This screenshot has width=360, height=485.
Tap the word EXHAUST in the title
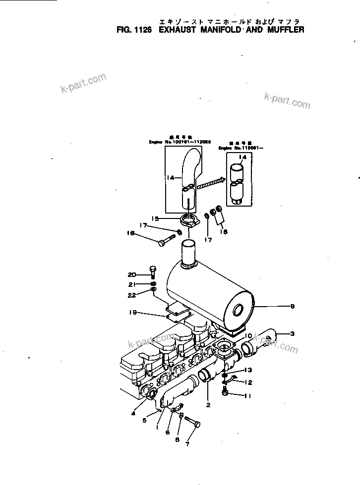pyautogui.click(x=180, y=30)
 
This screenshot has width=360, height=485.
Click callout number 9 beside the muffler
pyautogui.click(x=293, y=307)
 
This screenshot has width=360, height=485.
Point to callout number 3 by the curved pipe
pyautogui.click(x=293, y=334)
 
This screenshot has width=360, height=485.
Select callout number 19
pyautogui.click(x=131, y=313)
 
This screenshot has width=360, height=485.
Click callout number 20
pyautogui.click(x=131, y=274)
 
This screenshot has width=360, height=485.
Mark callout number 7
pyautogui.click(x=187, y=445)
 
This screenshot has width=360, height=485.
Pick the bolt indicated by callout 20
pyautogui.click(x=152, y=272)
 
